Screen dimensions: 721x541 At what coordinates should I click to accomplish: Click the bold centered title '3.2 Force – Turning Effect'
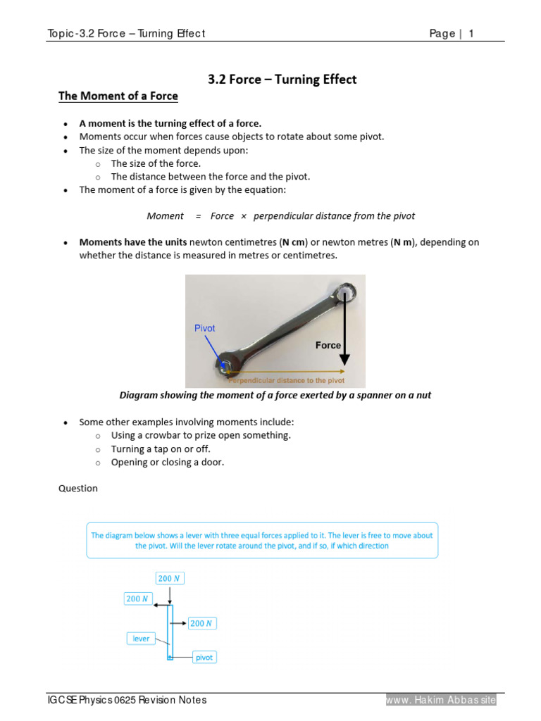point(282,80)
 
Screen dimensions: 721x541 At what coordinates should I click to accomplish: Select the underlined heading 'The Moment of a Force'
point(118,96)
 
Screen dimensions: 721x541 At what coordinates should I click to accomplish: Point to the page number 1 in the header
point(471,34)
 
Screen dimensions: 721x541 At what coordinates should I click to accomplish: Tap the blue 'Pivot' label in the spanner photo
point(204,328)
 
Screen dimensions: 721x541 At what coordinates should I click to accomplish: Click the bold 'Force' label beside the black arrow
point(328,346)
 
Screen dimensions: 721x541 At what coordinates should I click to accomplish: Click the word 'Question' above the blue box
point(78,489)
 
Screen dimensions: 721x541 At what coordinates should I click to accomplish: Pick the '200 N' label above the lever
point(170,579)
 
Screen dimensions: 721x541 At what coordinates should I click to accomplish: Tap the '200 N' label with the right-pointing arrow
point(202,623)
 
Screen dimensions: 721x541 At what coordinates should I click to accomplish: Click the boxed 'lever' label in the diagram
point(142,639)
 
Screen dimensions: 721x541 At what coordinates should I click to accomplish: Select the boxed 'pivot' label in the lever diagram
point(204,658)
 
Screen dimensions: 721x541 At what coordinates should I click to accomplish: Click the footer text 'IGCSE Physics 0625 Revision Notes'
point(127,700)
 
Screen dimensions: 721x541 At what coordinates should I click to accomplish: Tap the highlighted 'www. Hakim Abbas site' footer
point(441,700)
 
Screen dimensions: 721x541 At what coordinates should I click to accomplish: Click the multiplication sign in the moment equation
point(244,216)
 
